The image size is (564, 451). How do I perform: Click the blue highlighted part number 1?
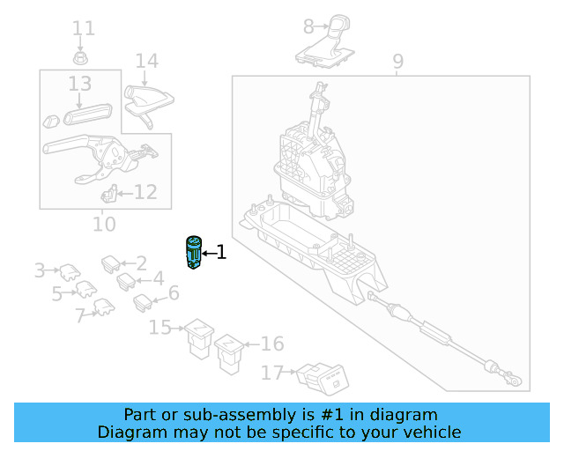[194, 253]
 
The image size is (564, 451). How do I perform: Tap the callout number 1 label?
[221, 253]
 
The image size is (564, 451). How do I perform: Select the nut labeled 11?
[80, 58]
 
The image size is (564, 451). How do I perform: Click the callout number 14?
[147, 61]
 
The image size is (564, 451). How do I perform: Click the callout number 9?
[397, 62]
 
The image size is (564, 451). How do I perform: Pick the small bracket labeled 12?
[109, 193]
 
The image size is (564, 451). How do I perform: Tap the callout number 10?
[104, 224]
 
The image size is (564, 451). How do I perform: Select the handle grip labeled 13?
[88, 114]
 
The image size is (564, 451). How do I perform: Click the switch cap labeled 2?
[111, 264]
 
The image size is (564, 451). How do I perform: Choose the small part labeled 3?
[70, 272]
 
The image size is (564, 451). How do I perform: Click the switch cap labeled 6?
[143, 303]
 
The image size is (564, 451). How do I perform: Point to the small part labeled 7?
[104, 307]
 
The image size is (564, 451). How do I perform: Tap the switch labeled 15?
[199, 338]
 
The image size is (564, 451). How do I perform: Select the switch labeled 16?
[229, 354]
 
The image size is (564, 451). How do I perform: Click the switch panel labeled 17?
[323, 379]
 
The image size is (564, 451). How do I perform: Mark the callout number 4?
[159, 278]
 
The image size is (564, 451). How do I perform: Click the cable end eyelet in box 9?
[516, 381]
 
